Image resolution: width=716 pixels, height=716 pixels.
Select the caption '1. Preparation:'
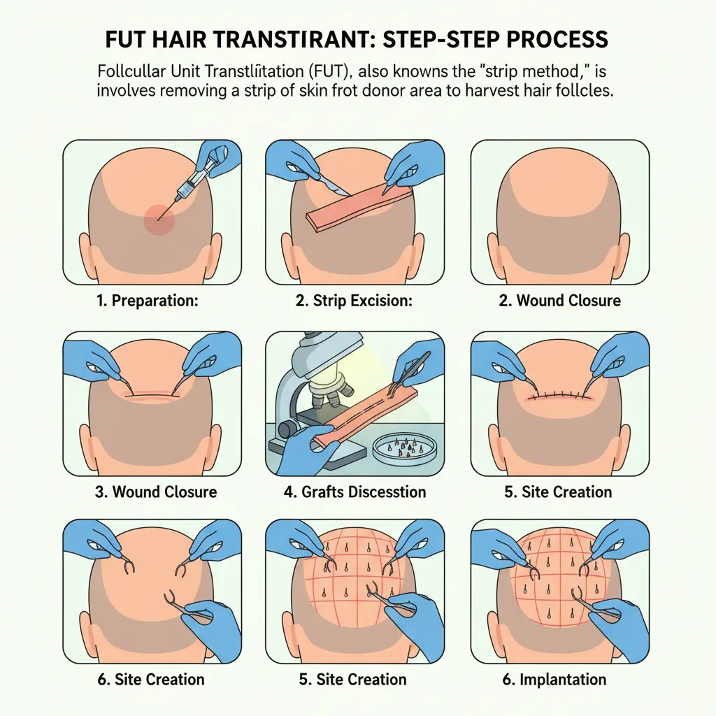[x=148, y=301]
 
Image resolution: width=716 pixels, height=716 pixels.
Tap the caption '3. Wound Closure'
[x=156, y=492]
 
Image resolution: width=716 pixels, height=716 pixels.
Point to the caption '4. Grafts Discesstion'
[x=355, y=492]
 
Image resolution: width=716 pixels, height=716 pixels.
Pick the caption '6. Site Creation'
[x=150, y=679]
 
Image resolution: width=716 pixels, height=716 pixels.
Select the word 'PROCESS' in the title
[x=552, y=38]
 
